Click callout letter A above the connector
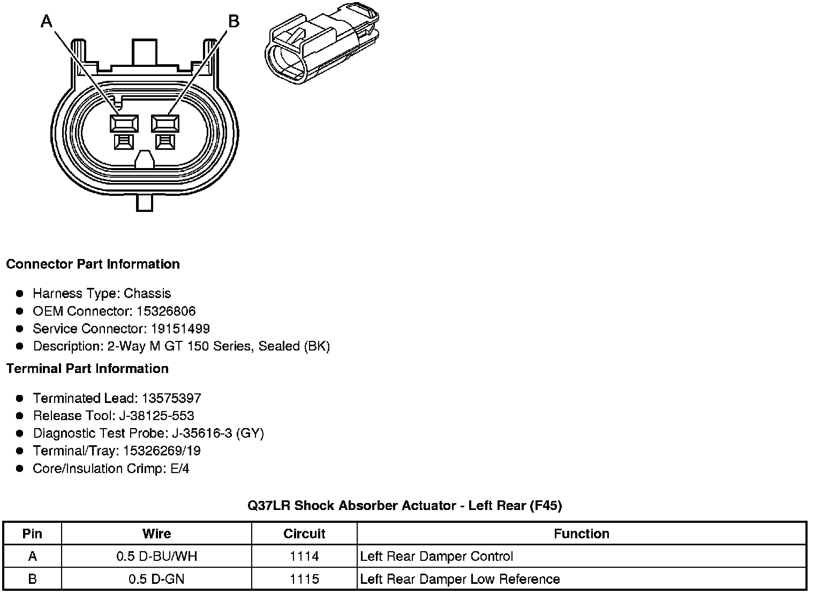tap(47, 21)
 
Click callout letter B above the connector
tap(233, 21)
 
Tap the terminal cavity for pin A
tap(124, 124)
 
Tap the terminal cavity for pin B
tap(165, 124)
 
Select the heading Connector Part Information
tap(93, 264)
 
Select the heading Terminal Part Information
tap(87, 369)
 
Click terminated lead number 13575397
tap(171, 398)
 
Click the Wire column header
tap(156, 534)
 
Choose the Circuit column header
tap(304, 534)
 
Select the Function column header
tap(581, 534)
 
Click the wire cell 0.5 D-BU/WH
tap(156, 557)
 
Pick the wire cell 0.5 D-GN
tap(156, 579)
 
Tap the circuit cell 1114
tap(304, 557)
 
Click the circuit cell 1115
tap(304, 579)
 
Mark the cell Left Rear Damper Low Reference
tap(460, 579)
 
